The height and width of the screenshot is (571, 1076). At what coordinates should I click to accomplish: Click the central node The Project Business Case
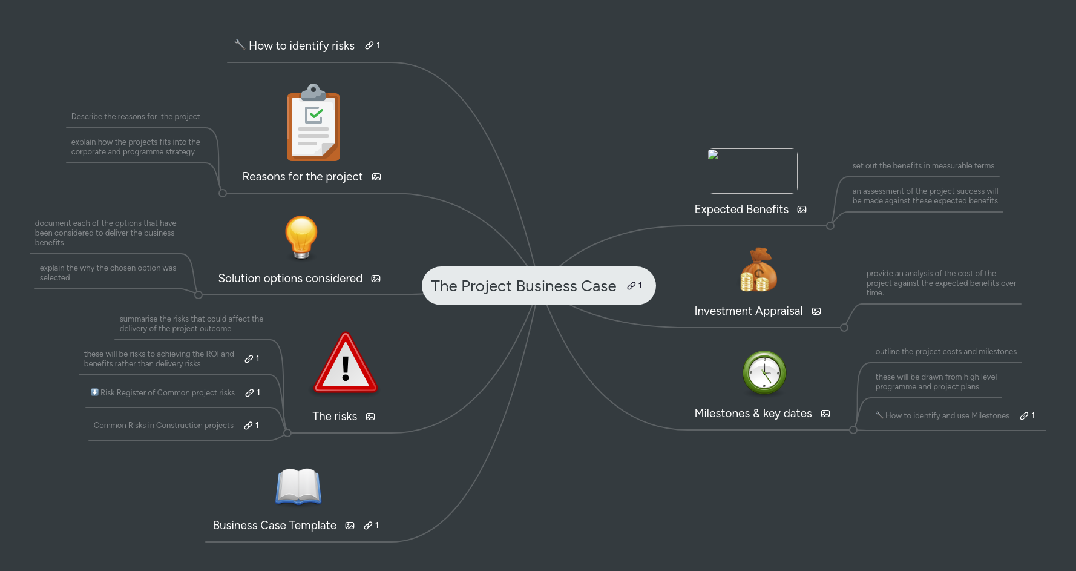click(523, 286)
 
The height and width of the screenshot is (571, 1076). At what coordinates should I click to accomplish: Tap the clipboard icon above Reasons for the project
click(313, 124)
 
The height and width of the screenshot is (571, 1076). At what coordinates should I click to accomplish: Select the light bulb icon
click(301, 237)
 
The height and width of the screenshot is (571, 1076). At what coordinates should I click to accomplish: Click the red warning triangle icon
click(346, 363)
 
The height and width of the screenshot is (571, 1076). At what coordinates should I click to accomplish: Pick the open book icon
click(298, 486)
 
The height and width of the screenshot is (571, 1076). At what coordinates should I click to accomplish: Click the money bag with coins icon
click(758, 270)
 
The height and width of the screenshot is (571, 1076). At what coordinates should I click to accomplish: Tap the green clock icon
click(764, 372)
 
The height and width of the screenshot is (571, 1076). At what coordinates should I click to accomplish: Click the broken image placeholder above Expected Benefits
click(752, 171)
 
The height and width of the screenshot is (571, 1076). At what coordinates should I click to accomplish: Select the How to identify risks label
click(301, 46)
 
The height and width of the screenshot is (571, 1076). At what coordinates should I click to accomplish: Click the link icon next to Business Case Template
click(368, 526)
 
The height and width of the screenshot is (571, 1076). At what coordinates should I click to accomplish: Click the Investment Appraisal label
click(748, 311)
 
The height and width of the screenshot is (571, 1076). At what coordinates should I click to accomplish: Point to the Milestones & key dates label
click(753, 414)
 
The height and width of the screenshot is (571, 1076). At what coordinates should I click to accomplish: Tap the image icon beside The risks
click(370, 417)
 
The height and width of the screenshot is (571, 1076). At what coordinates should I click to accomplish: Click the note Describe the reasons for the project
click(136, 117)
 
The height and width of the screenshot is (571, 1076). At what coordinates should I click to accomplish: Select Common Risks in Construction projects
click(163, 426)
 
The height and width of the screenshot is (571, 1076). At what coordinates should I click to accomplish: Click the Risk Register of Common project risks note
click(167, 393)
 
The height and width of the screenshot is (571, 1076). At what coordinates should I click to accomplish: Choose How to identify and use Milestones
click(946, 416)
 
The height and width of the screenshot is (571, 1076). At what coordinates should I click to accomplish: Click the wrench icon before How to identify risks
click(239, 44)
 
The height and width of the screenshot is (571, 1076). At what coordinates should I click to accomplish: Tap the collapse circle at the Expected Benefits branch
click(830, 226)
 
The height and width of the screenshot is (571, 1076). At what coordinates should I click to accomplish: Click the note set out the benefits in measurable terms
click(923, 166)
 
